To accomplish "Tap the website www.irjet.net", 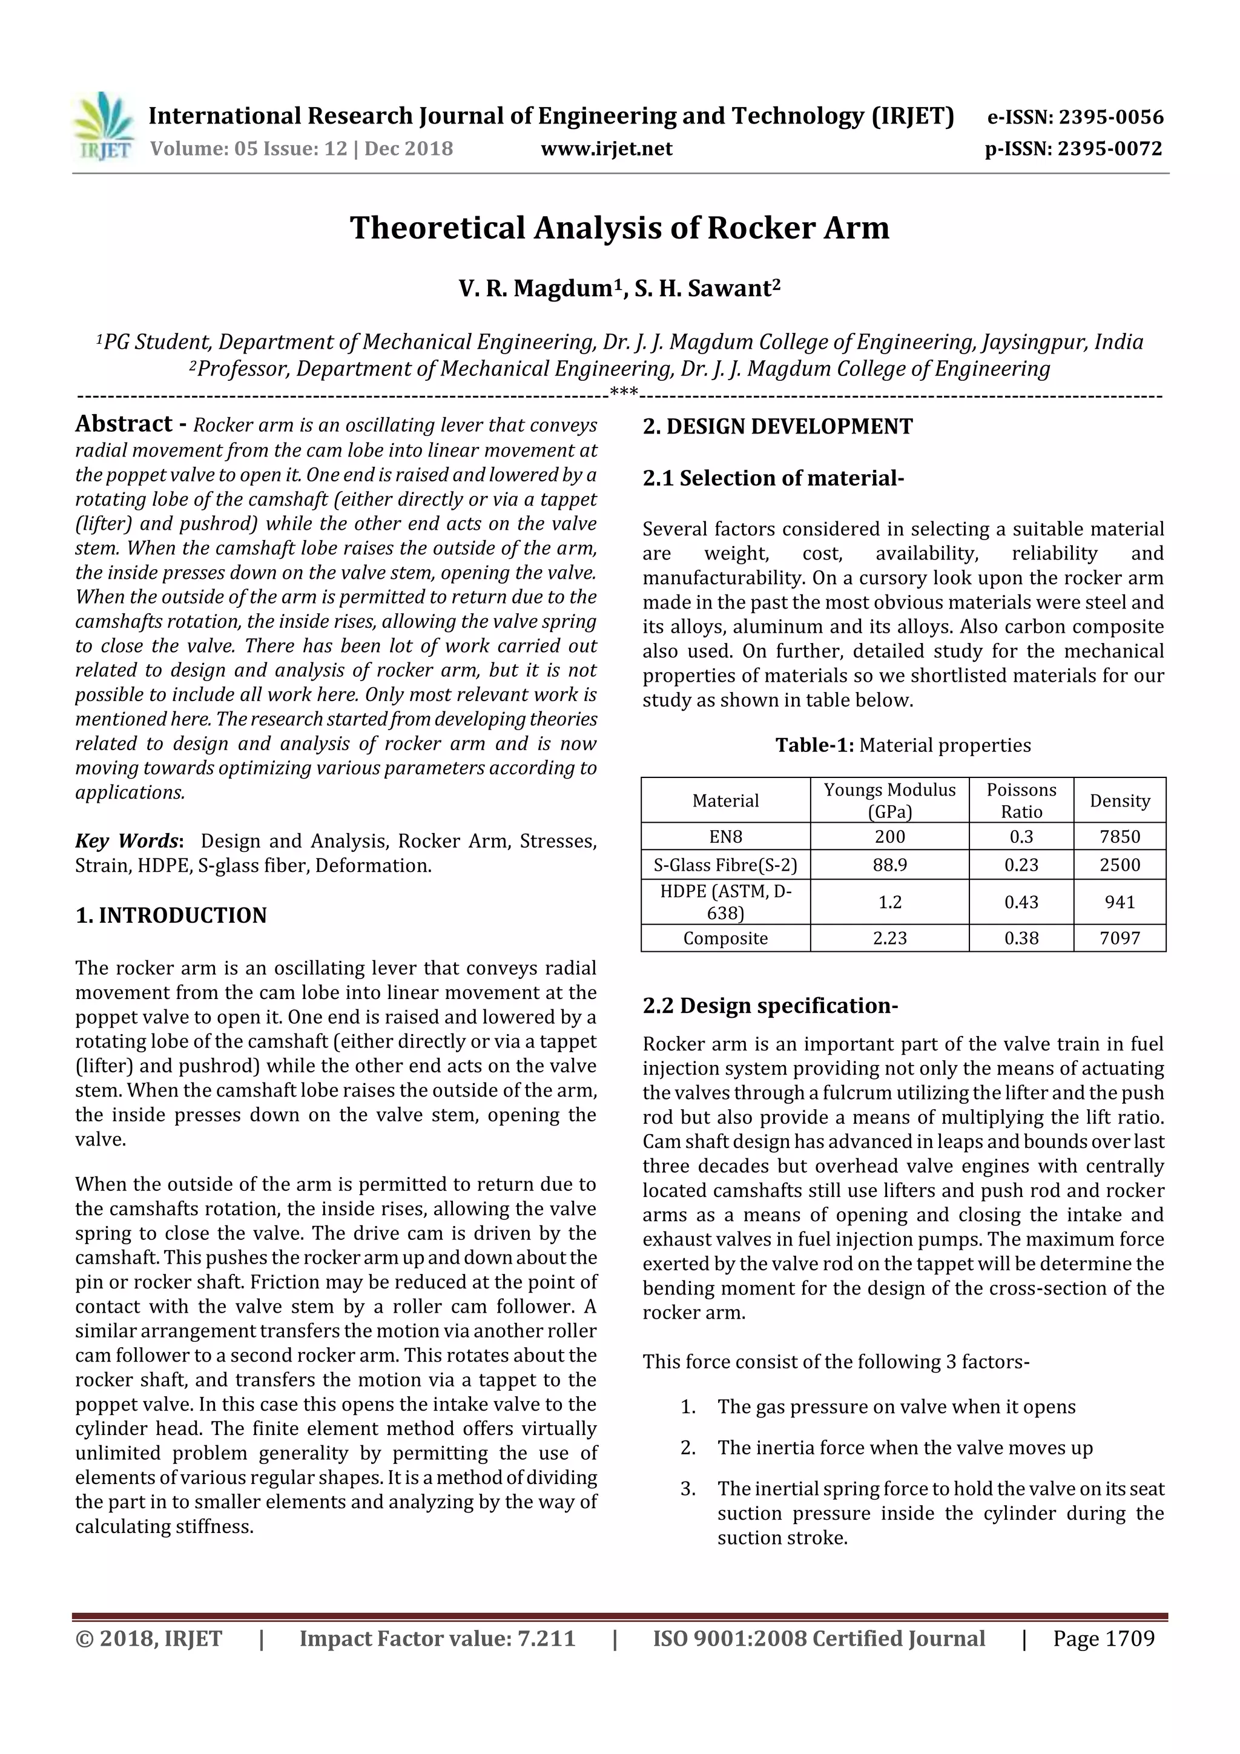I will click(606, 148).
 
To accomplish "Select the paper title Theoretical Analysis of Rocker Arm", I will click(619, 228).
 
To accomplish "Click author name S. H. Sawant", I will click(707, 288).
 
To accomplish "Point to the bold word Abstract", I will click(125, 424).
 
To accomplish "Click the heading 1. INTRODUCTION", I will click(171, 915).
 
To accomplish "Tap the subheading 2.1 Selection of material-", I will click(773, 478).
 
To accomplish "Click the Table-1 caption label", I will click(814, 745).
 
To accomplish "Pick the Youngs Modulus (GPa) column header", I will click(889, 800).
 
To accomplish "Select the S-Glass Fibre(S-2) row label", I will click(725, 865).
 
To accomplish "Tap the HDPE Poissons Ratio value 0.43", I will click(1021, 902).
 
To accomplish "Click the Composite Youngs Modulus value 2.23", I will click(889, 938).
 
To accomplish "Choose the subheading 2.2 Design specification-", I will click(770, 1005).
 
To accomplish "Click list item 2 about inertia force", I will click(904, 1447).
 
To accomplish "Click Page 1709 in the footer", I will click(1103, 1638).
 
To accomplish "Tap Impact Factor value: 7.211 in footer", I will click(437, 1638).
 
